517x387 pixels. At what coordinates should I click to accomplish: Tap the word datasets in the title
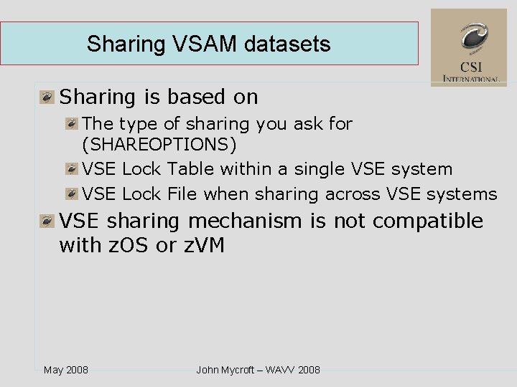[287, 44]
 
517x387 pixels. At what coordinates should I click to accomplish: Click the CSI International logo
[469, 47]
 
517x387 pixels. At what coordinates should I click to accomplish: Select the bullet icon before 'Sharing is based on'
[47, 97]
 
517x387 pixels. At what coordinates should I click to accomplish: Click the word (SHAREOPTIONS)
[159, 145]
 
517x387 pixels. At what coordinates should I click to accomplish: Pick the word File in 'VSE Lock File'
[182, 193]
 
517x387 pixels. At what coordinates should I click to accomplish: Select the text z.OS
[126, 245]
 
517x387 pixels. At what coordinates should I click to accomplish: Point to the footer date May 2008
[66, 370]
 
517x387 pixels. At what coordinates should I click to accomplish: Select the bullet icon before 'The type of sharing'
[71, 124]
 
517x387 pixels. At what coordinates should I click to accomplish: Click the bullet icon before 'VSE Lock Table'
[71, 170]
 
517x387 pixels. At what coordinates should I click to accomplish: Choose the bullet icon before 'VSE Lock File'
[71, 194]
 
